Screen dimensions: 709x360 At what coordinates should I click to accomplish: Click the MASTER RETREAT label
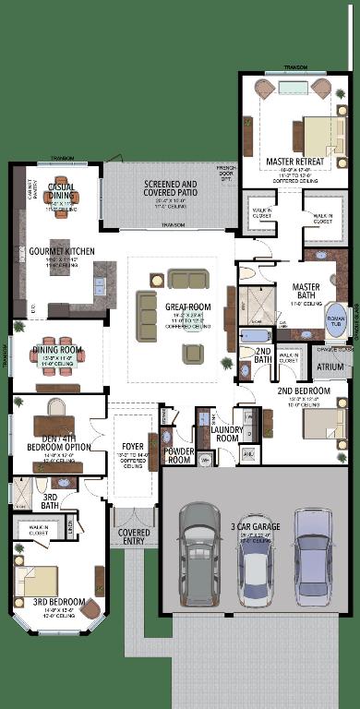click(x=294, y=162)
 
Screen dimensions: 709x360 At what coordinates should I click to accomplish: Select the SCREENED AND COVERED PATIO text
click(x=170, y=189)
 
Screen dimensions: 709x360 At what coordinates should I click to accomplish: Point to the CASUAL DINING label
click(x=60, y=191)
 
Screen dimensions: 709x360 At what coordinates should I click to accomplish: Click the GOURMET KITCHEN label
click(x=61, y=250)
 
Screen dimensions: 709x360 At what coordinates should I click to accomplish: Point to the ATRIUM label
click(x=330, y=367)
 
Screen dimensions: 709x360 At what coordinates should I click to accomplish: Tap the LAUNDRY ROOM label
click(x=225, y=434)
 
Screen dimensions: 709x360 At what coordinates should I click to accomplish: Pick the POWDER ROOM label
click(x=179, y=455)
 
